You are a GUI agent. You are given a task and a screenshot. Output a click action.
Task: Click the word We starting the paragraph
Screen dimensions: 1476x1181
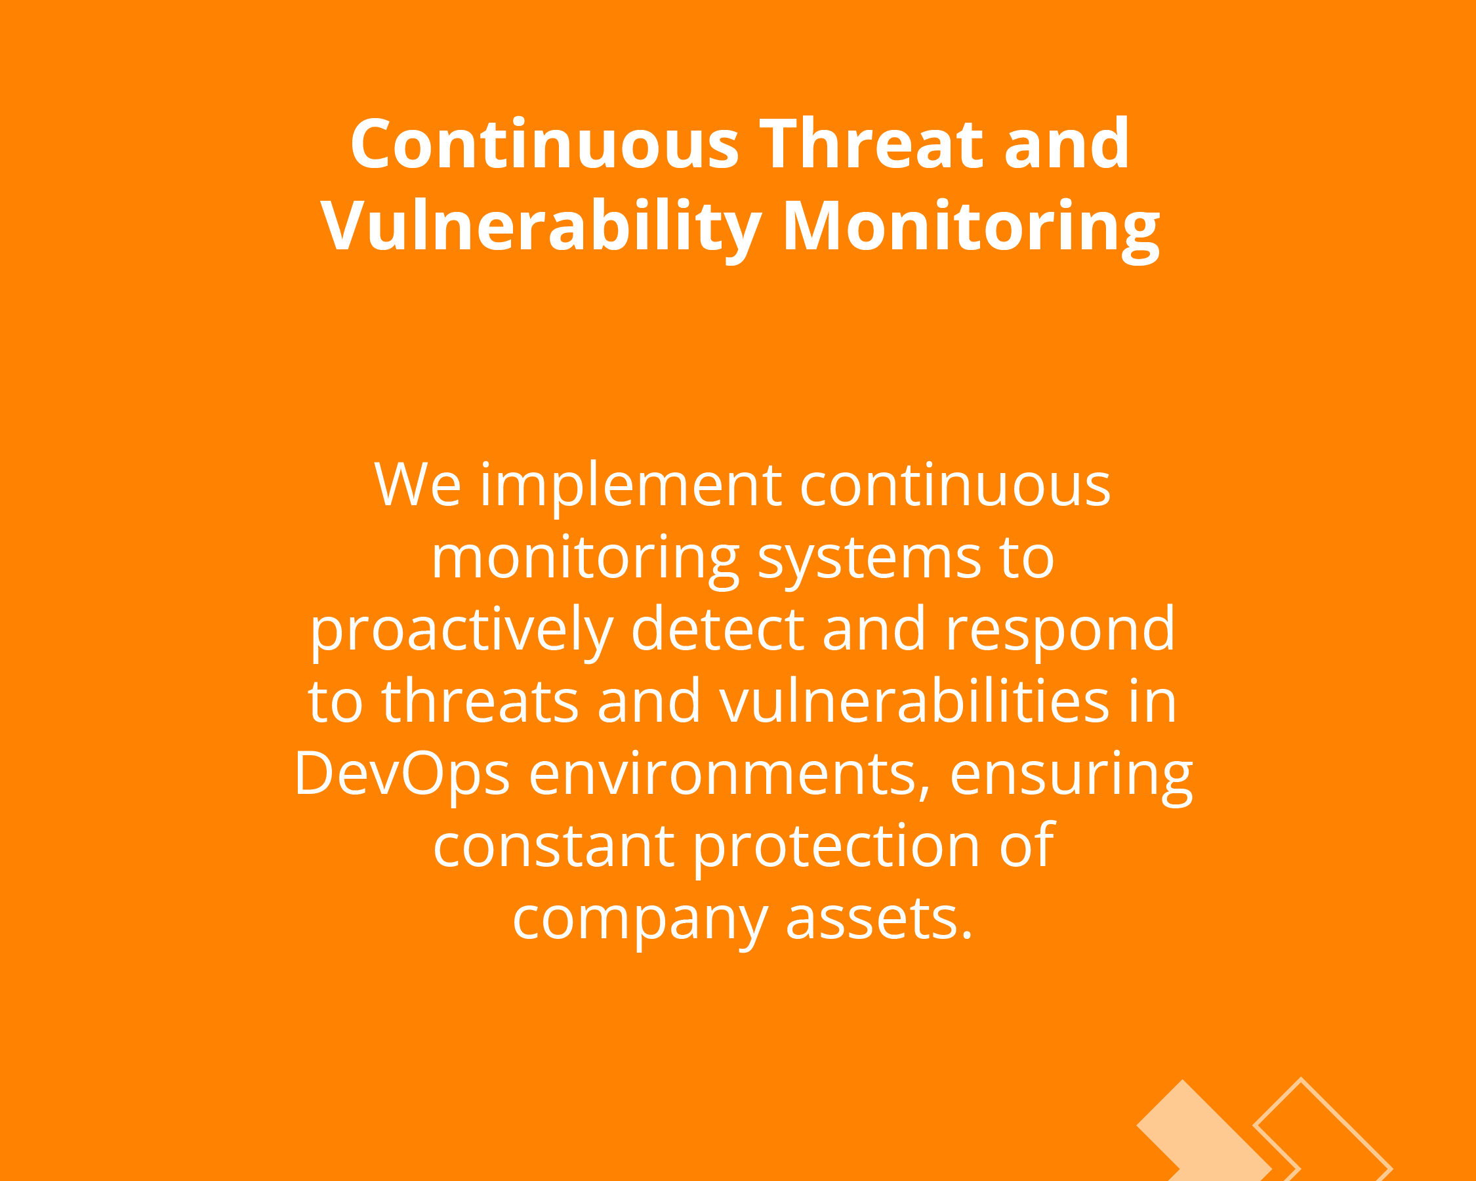(418, 485)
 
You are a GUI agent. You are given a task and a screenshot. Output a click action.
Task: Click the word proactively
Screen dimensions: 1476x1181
(461, 631)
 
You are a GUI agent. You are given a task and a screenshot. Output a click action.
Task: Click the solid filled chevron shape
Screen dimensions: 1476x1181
(1204, 1133)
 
